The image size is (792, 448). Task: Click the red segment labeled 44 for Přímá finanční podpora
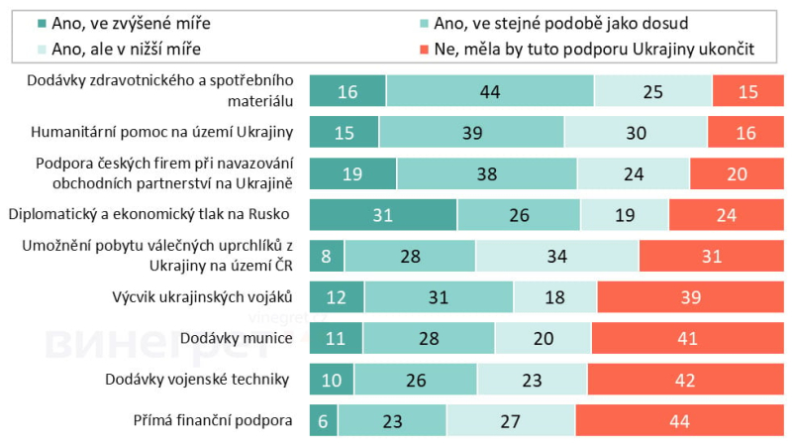click(x=680, y=420)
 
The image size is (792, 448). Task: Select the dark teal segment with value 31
click(x=383, y=214)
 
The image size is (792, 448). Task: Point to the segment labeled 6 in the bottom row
click(x=324, y=420)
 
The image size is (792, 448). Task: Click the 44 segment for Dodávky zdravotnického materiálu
click(x=490, y=90)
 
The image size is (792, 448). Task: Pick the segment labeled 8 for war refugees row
click(x=327, y=256)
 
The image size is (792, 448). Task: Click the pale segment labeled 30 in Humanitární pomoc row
click(x=636, y=132)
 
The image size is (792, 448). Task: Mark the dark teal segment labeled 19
click(x=353, y=172)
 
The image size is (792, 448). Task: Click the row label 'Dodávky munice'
click(x=236, y=338)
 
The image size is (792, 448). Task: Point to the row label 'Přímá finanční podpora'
click(x=214, y=420)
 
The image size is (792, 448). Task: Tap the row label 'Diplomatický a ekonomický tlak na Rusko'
click(x=148, y=214)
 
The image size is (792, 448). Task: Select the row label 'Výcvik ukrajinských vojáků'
click(x=203, y=296)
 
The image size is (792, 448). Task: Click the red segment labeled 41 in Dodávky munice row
click(x=688, y=338)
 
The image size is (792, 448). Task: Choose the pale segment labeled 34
click(x=557, y=256)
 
